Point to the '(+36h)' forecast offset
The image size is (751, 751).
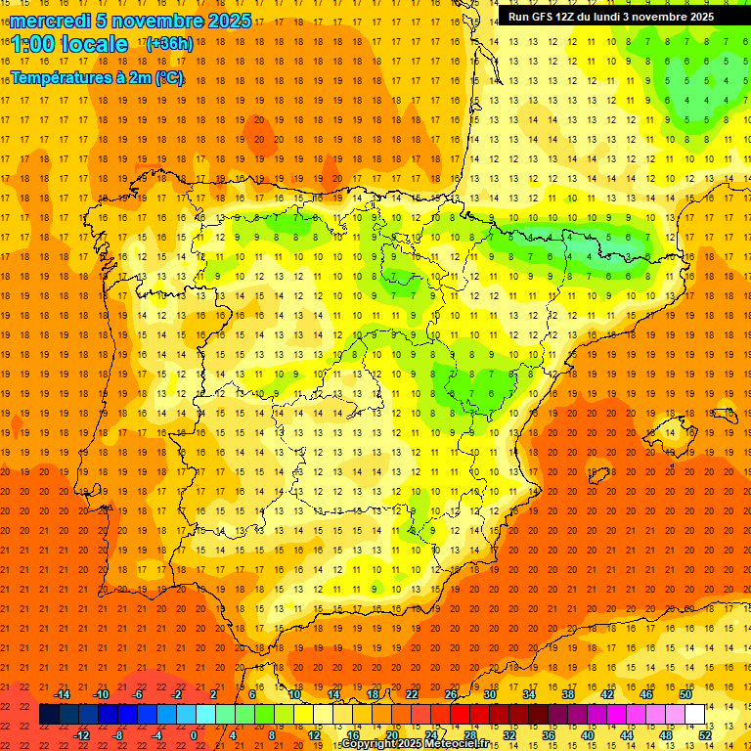click(169, 44)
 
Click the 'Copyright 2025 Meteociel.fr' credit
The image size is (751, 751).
click(415, 744)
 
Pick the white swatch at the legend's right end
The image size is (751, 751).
click(694, 714)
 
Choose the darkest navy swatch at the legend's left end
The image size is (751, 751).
click(49, 714)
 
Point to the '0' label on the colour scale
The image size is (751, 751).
click(194, 734)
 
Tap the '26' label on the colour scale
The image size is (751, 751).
click(450, 694)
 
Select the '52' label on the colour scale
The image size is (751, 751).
click(704, 734)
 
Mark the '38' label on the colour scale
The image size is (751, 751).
click(567, 694)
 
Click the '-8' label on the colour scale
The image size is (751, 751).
click(118, 734)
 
